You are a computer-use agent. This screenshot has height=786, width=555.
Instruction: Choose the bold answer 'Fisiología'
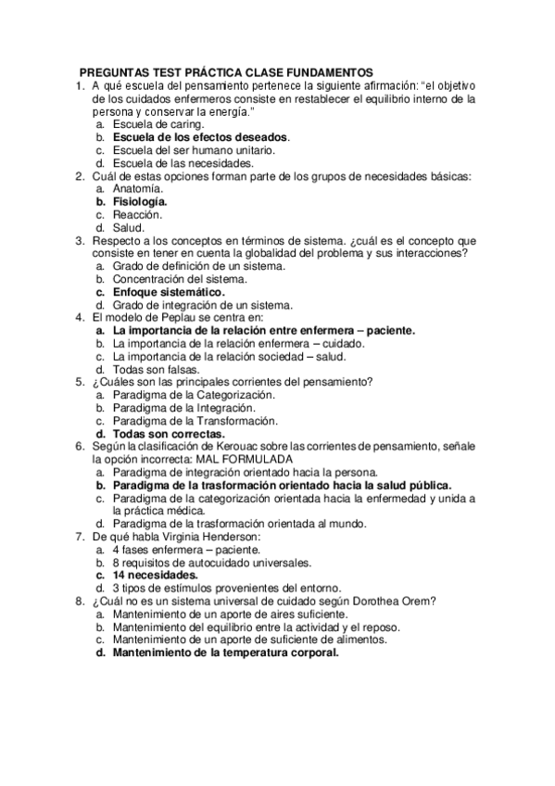[140, 201]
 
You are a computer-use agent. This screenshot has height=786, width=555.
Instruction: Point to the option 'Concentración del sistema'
[180, 278]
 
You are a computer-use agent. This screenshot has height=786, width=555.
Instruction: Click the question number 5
[80, 381]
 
